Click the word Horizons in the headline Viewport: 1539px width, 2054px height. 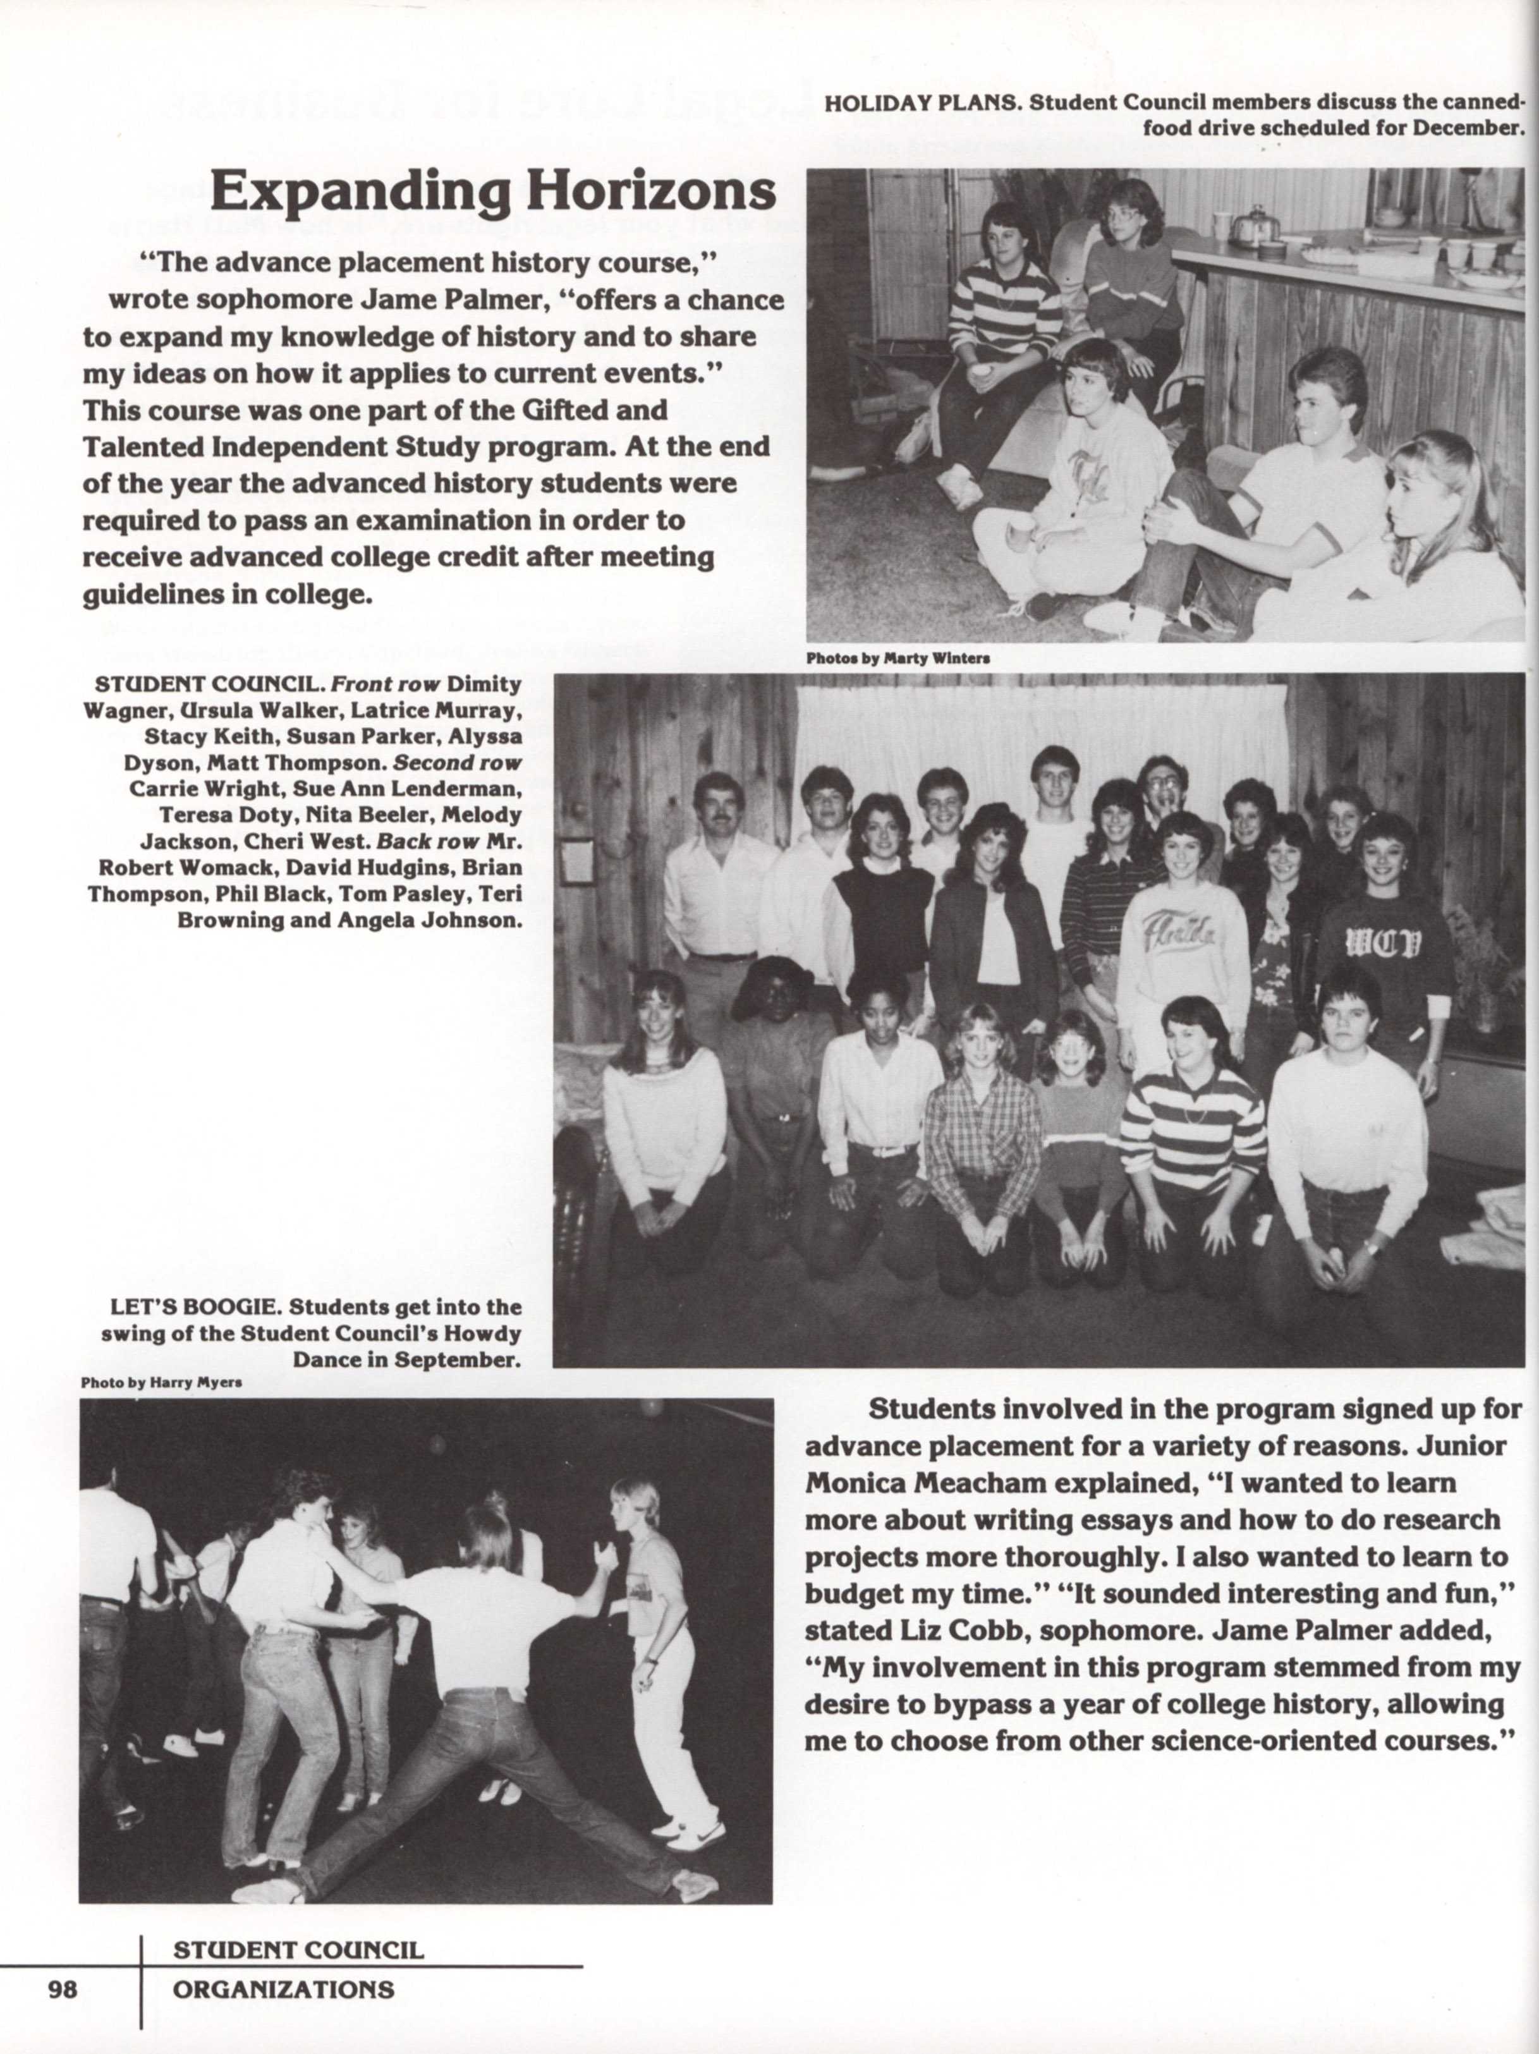pyautogui.click(x=651, y=191)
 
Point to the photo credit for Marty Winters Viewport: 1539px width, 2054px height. pyautogui.click(x=897, y=657)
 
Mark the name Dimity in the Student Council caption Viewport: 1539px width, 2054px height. pyautogui.click(x=484, y=684)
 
